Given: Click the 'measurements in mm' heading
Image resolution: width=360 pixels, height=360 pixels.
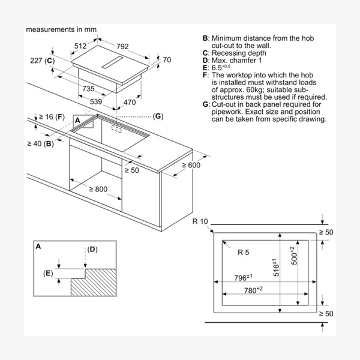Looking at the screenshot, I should click(x=61, y=29).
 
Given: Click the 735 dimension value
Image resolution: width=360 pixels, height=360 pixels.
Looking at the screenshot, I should click(x=88, y=89).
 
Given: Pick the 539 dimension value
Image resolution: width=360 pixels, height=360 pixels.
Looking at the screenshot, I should click(x=97, y=102).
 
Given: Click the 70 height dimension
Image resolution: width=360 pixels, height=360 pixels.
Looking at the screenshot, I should click(x=167, y=59).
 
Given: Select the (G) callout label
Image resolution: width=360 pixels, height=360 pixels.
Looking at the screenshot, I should click(x=158, y=116).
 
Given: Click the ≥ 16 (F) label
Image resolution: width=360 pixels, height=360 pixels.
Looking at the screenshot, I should click(x=50, y=116).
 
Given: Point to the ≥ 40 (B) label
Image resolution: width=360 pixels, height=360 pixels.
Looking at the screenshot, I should click(x=40, y=143).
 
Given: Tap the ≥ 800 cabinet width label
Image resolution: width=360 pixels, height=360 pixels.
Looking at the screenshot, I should click(x=98, y=189).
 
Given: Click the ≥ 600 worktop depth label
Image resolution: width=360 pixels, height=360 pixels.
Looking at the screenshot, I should click(x=192, y=165).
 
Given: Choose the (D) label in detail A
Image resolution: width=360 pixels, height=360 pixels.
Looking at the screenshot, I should click(x=92, y=249).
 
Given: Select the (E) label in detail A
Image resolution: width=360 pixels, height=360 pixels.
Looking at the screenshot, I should click(x=48, y=274).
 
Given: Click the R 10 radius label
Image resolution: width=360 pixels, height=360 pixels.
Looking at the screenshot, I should click(x=200, y=222).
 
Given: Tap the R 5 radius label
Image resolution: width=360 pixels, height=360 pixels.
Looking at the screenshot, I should click(x=243, y=253).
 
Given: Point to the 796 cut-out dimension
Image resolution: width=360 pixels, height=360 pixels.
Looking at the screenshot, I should click(x=242, y=278).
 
